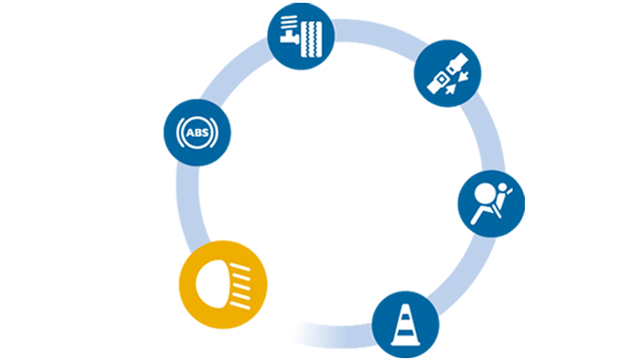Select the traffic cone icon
[403, 325]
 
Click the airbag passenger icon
[485, 203]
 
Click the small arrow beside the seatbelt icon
[464, 77]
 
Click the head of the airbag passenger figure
[484, 193]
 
